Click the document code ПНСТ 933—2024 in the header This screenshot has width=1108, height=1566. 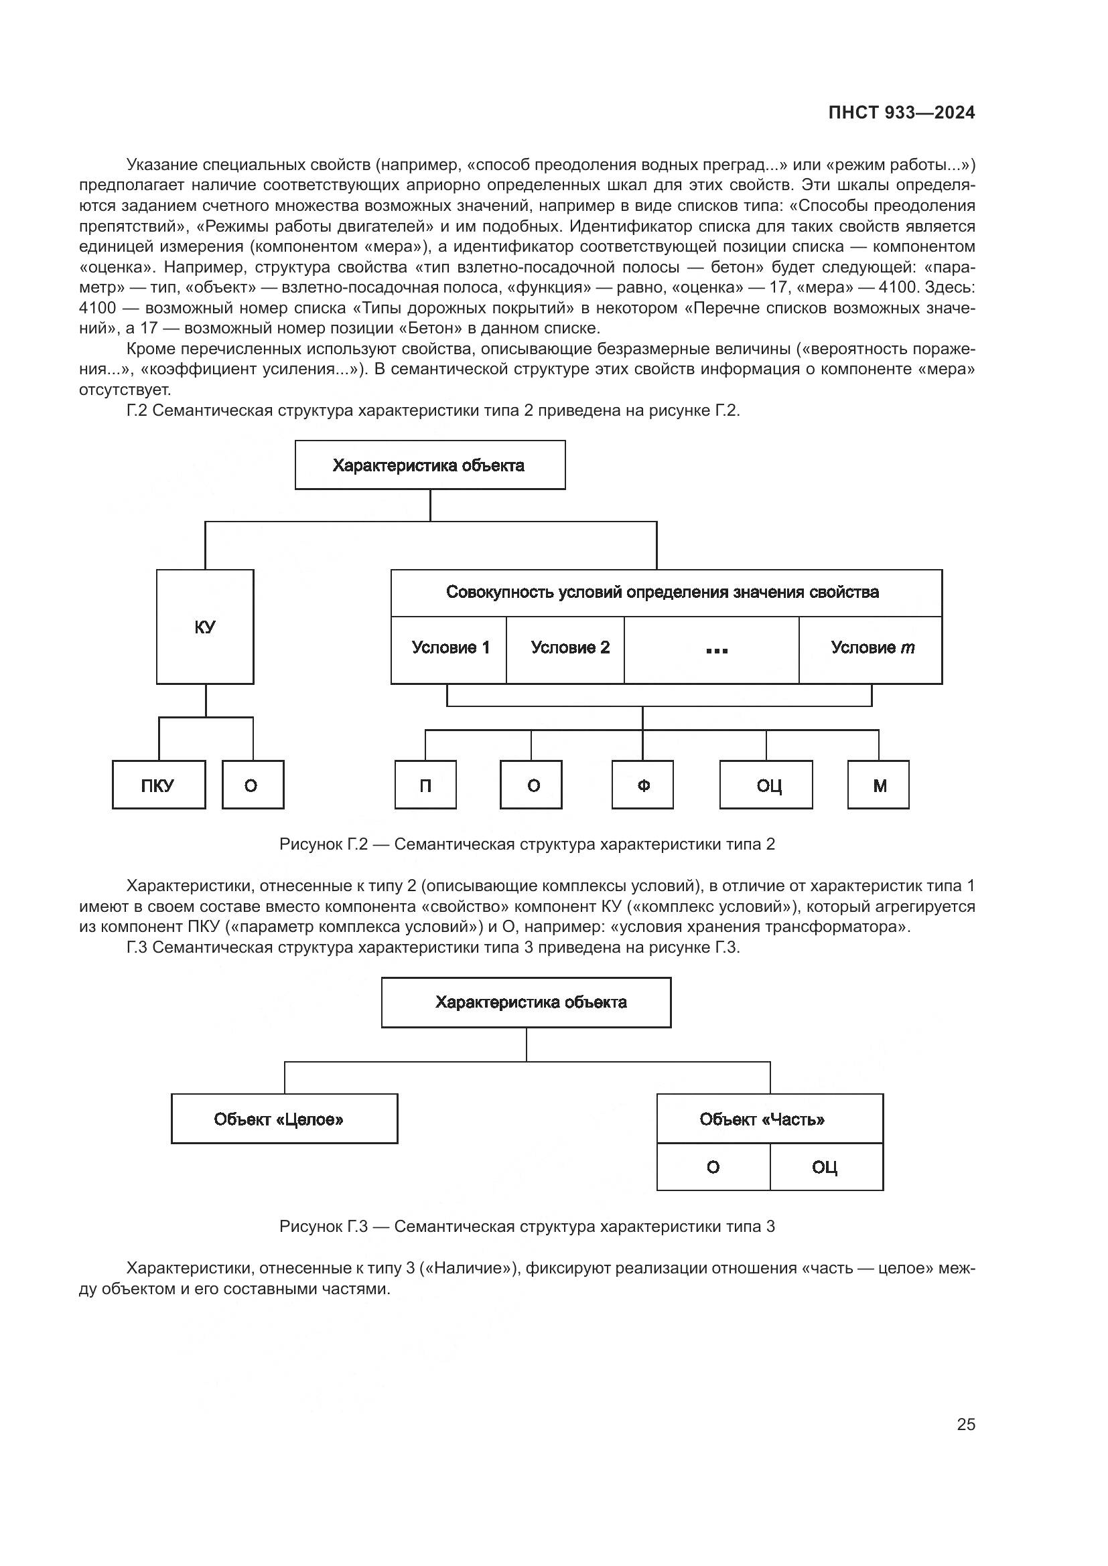[x=901, y=112]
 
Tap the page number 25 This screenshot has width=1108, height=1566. [x=965, y=1424]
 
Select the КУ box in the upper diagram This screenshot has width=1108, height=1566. [x=205, y=627]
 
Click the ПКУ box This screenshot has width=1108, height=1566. [x=158, y=785]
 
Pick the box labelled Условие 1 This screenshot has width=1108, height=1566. [x=449, y=648]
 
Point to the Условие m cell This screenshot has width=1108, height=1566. [x=871, y=648]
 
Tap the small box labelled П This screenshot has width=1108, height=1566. [x=425, y=785]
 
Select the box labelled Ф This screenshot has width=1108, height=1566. [x=642, y=785]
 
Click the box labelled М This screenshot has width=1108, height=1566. [x=879, y=785]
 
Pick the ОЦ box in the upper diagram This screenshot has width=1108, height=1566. [x=767, y=785]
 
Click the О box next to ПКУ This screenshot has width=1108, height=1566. [x=253, y=785]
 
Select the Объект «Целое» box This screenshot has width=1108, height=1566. [x=285, y=1119]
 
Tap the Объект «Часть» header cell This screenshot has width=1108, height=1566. [x=770, y=1119]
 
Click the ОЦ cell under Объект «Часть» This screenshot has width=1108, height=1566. [x=825, y=1168]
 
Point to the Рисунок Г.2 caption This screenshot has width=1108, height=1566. [x=527, y=844]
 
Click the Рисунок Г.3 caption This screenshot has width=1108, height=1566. [x=527, y=1227]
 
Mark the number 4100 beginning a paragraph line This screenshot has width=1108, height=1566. [x=97, y=308]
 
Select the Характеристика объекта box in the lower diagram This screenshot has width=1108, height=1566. [x=526, y=1003]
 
